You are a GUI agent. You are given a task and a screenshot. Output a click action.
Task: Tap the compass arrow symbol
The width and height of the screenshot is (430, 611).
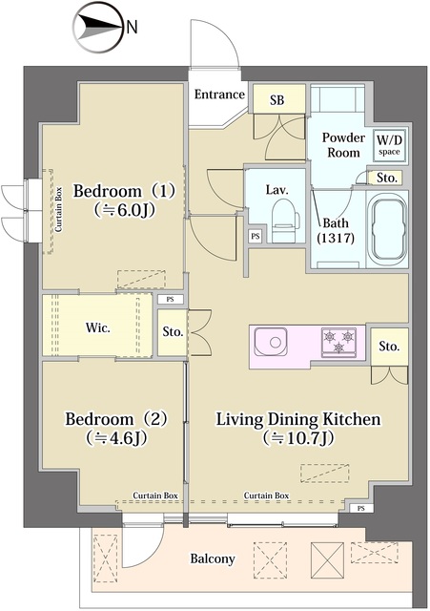point(96,28)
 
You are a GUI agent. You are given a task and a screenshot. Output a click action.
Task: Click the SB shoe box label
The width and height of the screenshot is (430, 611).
point(277,100)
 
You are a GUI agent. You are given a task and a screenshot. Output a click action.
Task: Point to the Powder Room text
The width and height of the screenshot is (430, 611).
point(340,145)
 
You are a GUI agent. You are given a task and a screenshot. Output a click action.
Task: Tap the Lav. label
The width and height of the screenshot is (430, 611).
point(276,189)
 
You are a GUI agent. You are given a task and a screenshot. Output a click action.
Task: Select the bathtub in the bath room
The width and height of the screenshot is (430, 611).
point(386,229)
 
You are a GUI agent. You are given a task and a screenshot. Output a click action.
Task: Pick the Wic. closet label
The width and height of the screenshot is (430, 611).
point(98,327)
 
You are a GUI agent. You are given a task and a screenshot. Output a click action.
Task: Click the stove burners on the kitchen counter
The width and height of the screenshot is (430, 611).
point(338,340)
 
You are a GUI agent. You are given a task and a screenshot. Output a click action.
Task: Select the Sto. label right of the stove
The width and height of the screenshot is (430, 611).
point(388,347)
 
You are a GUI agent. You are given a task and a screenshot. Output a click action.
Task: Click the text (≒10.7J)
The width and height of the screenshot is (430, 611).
point(298,439)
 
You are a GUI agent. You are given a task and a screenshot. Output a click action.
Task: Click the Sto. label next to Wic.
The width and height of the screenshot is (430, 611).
point(172,333)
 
